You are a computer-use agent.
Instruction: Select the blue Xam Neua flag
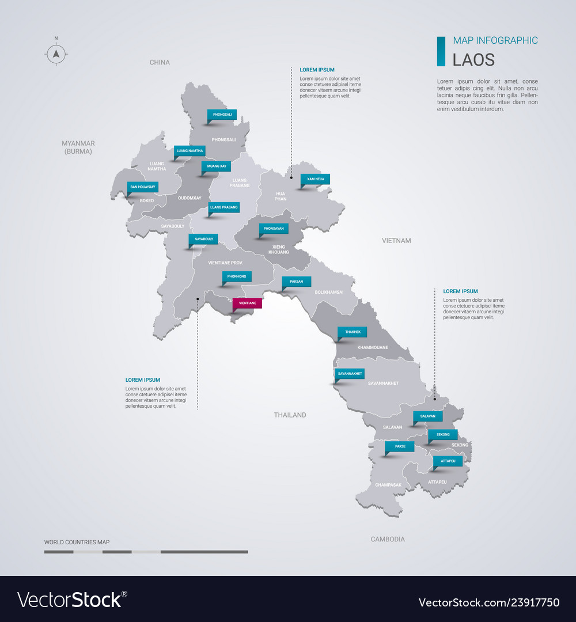315,179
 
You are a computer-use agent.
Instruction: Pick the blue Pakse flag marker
399,446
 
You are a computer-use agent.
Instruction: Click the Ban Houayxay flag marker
142,187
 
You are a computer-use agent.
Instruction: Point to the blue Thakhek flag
352,332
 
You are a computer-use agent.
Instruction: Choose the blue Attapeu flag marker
448,461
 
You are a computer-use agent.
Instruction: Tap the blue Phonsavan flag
274,229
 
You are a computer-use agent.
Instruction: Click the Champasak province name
388,485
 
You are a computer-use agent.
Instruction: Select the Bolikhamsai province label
329,292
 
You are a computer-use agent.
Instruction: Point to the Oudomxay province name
190,198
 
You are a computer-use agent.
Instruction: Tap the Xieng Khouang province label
279,249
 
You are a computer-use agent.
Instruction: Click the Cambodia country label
388,539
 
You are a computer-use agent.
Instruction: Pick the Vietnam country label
396,240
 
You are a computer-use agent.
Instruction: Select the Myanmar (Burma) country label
78,147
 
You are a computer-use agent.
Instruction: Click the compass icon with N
56,54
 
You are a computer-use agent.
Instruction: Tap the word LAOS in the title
473,59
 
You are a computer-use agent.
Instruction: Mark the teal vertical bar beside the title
441,51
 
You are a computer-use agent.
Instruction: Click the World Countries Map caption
77,542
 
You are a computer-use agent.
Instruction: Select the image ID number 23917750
534,602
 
